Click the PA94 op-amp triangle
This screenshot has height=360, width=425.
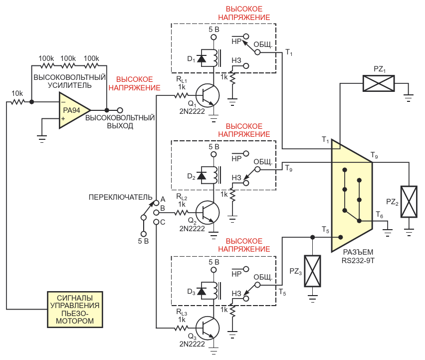(74, 110)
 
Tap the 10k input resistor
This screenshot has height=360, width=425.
(17, 102)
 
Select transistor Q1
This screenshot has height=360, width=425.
(208, 95)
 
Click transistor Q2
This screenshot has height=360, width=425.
(208, 213)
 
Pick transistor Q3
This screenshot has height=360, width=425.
(208, 328)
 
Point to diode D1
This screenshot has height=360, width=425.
(202, 58)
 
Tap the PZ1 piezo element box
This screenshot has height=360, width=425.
(379, 83)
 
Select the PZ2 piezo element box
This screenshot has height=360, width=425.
(409, 202)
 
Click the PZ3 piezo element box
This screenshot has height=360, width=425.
(313, 271)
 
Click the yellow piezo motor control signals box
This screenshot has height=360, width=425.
(75, 310)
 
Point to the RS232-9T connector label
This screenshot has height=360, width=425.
(358, 256)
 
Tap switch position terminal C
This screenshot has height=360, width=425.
(156, 222)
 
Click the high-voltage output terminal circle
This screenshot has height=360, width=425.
(120, 110)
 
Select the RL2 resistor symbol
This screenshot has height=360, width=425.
(181, 213)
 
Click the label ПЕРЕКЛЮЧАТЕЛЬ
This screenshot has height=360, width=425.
(120, 197)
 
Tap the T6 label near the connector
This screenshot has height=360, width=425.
(380, 215)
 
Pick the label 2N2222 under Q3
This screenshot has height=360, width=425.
(192, 344)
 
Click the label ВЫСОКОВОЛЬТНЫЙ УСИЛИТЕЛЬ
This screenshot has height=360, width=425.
(70, 81)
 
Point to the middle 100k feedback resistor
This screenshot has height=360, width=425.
(68, 65)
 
